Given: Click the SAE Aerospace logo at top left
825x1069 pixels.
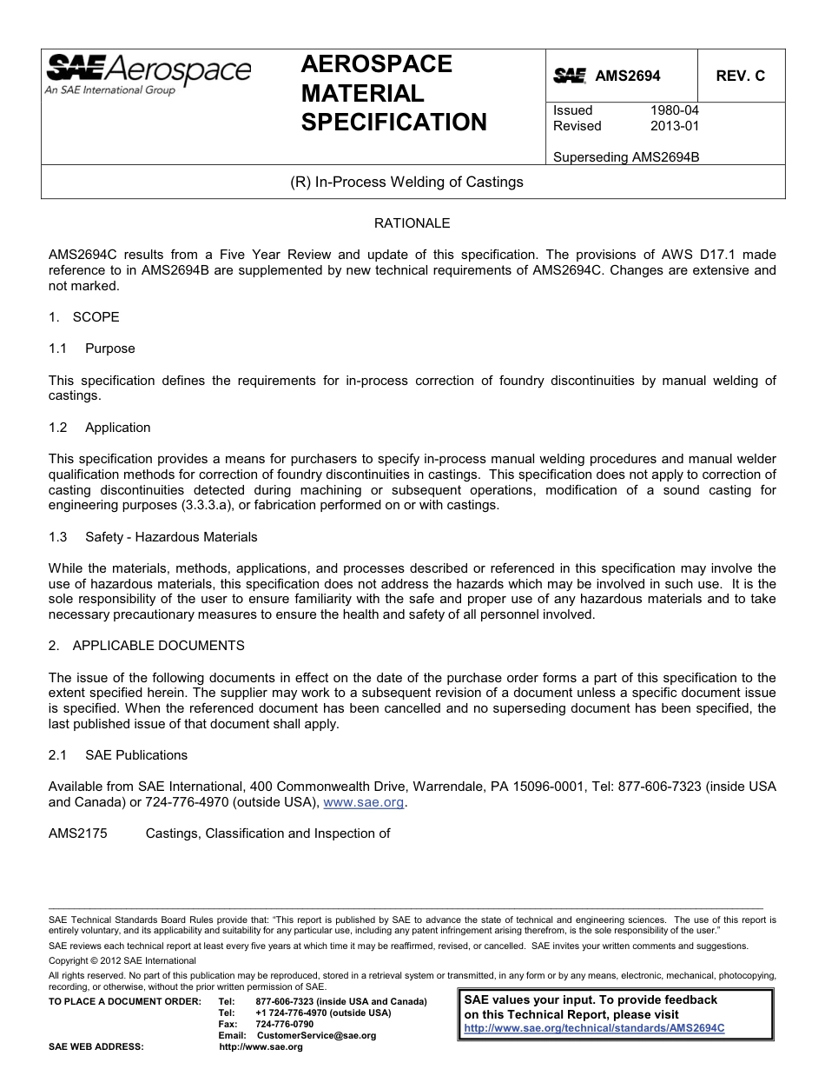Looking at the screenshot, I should (148, 74).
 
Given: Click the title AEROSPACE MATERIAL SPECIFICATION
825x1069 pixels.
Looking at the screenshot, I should (393, 93).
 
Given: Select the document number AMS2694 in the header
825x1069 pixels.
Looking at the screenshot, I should (627, 76).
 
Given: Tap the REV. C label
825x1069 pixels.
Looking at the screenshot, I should (740, 76).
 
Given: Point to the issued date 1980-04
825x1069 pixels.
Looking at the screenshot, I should (674, 110).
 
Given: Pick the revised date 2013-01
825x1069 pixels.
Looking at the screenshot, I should (674, 126).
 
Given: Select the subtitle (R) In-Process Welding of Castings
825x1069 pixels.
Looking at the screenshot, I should (406, 183).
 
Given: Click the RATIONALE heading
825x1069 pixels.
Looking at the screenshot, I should (412, 223).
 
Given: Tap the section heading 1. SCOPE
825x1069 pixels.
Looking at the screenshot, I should (84, 317).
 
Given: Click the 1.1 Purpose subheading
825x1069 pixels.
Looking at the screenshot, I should (93, 349).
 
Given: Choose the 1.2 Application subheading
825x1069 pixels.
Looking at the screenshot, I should (100, 428).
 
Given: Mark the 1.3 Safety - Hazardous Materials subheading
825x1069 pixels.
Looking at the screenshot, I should (154, 537).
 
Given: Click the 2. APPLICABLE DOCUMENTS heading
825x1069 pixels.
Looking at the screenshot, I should (147, 646).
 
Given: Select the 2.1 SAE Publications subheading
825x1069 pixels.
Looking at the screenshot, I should (118, 755).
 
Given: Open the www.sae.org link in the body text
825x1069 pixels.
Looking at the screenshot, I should (364, 803).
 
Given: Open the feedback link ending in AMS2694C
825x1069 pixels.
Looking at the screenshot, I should (594, 1027).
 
